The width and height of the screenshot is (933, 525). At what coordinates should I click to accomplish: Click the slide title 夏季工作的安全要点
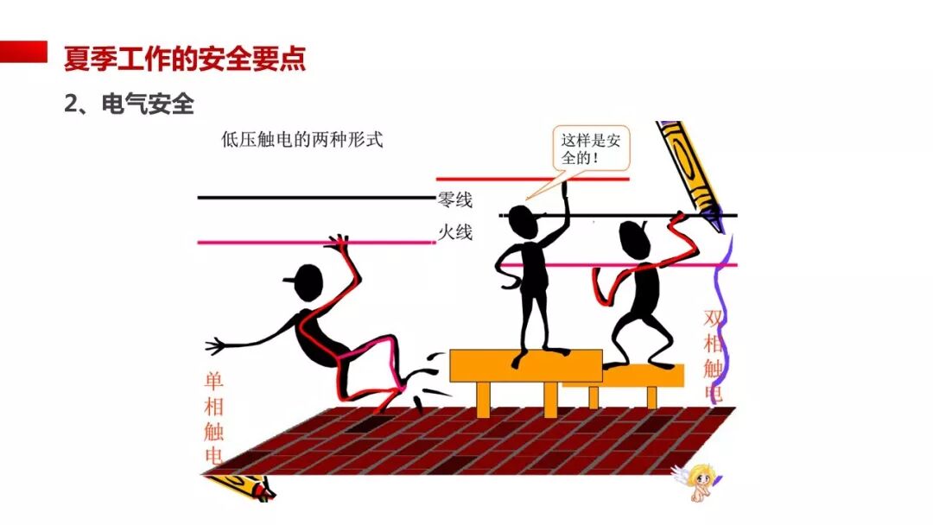[184, 59]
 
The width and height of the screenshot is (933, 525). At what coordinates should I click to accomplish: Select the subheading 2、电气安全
[129, 104]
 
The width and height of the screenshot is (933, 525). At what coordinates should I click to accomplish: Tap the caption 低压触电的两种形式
[301, 140]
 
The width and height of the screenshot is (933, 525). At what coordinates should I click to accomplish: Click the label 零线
[455, 200]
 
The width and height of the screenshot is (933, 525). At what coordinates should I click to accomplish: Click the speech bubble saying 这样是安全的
[591, 149]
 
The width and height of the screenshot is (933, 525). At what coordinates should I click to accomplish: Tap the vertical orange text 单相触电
[213, 419]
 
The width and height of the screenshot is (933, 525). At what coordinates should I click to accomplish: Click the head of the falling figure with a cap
[308, 281]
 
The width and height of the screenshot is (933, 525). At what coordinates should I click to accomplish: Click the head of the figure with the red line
[635, 238]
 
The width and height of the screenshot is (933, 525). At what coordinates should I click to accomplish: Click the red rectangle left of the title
[23, 51]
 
